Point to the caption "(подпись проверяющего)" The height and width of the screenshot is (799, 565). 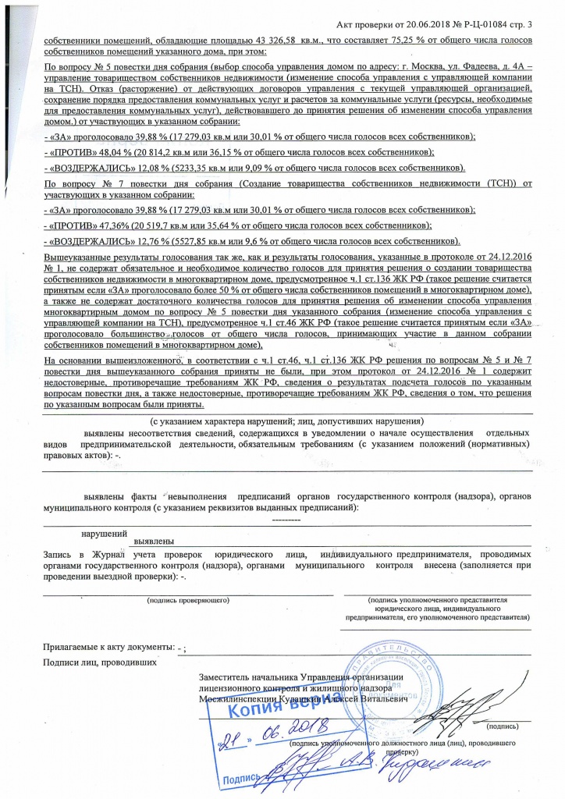click(x=188, y=601)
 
